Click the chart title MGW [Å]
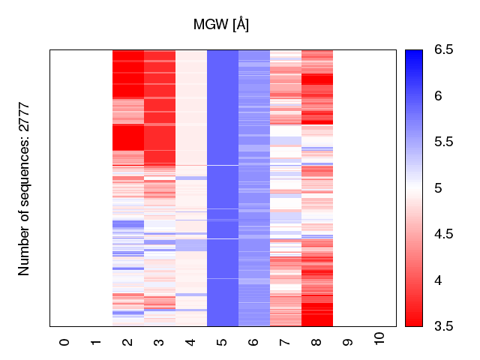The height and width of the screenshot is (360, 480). pos(221,25)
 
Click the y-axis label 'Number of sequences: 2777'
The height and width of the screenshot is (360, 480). pos(24,188)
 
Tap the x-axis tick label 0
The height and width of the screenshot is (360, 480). pos(64,342)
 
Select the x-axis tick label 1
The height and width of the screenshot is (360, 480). pos(96,342)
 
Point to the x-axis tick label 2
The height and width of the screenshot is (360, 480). pos(127,342)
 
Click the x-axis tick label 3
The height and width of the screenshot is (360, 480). pos(159,342)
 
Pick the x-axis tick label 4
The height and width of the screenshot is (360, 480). pos(190,342)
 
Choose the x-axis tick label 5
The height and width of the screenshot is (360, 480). pos(222,342)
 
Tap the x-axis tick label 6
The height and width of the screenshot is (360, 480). pos(253,342)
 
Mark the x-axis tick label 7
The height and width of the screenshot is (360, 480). pos(285,342)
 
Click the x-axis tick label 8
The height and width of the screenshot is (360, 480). pos(316,342)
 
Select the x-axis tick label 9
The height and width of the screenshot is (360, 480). pos(348,342)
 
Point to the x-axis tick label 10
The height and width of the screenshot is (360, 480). pos(379,339)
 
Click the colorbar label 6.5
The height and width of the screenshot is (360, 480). pos(443,50)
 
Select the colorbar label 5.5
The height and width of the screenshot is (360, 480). pos(443,142)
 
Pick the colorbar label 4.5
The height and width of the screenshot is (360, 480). pos(443,234)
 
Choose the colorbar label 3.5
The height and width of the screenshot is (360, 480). pos(443,325)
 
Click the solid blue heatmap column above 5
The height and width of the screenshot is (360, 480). pos(222,187)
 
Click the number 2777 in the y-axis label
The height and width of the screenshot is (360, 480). pos(24,117)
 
